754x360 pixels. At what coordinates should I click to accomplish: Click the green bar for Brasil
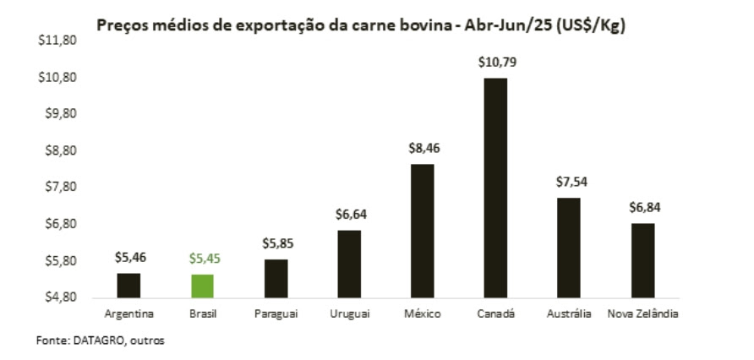[x=201, y=286]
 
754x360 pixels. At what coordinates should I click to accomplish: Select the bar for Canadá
[x=495, y=188]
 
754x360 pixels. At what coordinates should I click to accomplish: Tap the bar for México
[x=422, y=231]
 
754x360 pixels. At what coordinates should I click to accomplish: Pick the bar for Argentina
[x=128, y=286]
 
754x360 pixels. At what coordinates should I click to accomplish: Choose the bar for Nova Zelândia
[x=642, y=260]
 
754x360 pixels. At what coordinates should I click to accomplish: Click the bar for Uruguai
[x=349, y=264]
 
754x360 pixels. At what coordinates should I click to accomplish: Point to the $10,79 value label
[x=495, y=63]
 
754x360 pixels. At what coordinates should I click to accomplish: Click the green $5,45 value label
[x=202, y=259]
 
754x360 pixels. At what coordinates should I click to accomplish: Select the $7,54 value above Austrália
[x=569, y=182]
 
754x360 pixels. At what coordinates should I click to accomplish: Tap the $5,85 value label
[x=276, y=243]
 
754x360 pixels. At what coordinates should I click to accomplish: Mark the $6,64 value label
[x=349, y=215]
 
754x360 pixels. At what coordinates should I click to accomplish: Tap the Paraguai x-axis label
[x=275, y=314]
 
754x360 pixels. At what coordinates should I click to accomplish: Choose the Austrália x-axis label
[x=569, y=314]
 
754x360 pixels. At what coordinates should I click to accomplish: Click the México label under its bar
[x=422, y=314]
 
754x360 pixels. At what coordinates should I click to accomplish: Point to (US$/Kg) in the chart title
[x=589, y=25]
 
